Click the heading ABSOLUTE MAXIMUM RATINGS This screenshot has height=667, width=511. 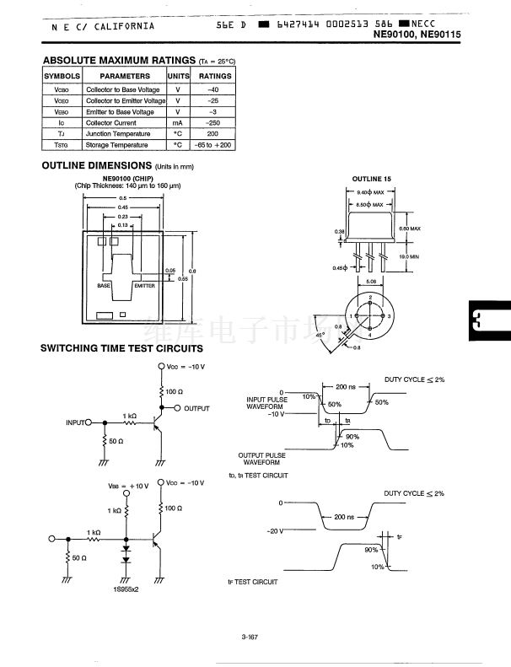click(119, 61)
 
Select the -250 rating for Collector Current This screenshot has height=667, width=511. click(214, 123)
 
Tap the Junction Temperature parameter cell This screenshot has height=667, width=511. click(118, 134)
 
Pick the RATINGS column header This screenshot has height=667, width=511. click(214, 76)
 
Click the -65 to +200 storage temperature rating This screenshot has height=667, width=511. click(214, 145)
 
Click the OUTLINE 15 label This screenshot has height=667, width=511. click(371, 180)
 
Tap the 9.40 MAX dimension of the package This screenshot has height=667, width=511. click(368, 193)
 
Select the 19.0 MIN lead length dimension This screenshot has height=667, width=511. click(409, 256)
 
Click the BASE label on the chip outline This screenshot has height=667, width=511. click(104, 286)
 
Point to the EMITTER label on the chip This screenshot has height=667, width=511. click(144, 286)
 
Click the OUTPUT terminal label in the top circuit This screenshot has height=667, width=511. click(196, 408)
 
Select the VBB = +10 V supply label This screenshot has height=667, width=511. click(128, 486)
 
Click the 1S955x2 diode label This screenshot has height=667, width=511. click(127, 589)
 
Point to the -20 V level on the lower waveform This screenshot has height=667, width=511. click(277, 531)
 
